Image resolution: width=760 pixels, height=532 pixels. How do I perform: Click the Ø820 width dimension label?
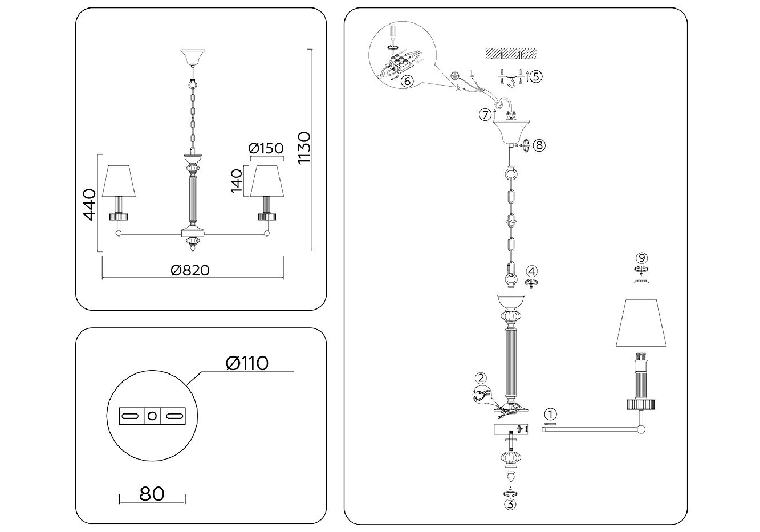point(190,270)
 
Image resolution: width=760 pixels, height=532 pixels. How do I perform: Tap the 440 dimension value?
point(89,204)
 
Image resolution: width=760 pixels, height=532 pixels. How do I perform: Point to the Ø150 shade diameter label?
point(266,149)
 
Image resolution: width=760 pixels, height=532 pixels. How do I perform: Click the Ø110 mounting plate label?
point(247,363)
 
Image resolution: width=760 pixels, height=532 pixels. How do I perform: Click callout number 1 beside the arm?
point(550,414)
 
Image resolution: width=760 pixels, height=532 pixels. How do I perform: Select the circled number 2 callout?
point(482,377)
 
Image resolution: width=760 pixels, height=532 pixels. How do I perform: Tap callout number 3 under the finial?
point(510,504)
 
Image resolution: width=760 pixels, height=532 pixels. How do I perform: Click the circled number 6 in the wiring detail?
point(407,81)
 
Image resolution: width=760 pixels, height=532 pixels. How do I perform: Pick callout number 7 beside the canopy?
point(485,115)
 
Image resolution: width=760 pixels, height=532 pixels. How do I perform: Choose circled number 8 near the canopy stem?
point(539,145)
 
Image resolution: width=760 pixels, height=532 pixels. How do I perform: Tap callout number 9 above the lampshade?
point(643,258)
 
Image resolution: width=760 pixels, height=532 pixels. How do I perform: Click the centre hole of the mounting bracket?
point(152,416)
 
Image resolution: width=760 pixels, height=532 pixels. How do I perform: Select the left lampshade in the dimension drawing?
point(119,181)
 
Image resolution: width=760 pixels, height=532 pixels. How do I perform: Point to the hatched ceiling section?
point(511,54)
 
